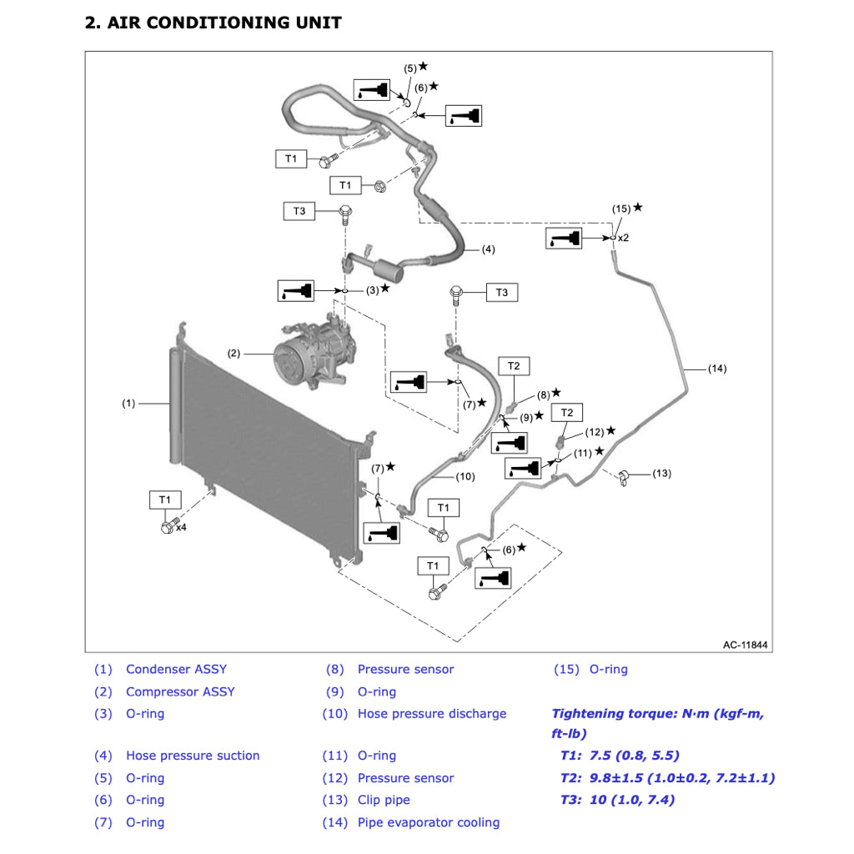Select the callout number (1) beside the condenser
pos(128,404)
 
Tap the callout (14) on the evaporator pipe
pos(717,368)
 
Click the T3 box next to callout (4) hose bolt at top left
pos(299,211)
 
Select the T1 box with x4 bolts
pos(165,500)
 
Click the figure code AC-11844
pos(745,645)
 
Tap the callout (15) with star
pos(621,208)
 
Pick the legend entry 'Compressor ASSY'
pos(180,691)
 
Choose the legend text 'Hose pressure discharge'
pos(431,714)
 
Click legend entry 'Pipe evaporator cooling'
pos(428,822)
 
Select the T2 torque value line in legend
pos(667,778)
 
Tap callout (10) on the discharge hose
pos(465,477)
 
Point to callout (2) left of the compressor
pos(234,353)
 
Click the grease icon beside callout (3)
pos(297,291)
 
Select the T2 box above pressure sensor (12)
pos(566,413)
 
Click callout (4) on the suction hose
pos(488,249)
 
